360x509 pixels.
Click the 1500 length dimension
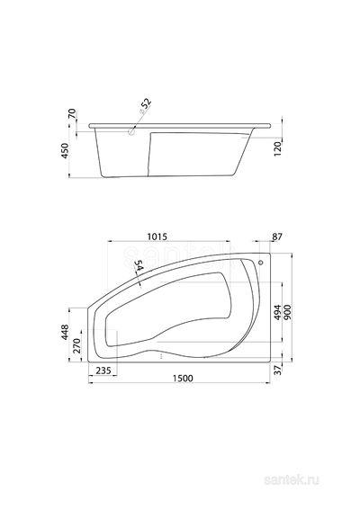tap(183, 379)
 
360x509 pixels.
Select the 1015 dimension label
tap(157, 237)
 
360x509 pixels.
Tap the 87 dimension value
tap(277, 237)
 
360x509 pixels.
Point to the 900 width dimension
tap(287, 312)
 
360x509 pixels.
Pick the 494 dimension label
tap(277, 312)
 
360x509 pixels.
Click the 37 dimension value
tap(277, 370)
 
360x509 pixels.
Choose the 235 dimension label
tap(103, 371)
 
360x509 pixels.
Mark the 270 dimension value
tap(76, 345)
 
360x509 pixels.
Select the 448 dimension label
tap(65, 332)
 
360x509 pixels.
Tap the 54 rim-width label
tap(139, 265)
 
